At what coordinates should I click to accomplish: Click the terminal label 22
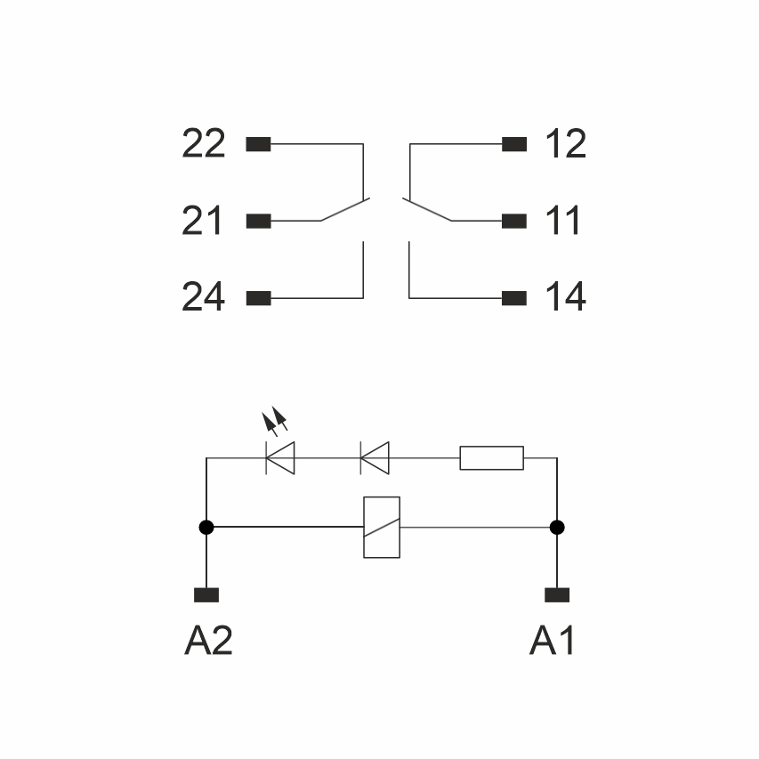coord(204,144)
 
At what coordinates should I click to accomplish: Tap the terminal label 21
coord(203,221)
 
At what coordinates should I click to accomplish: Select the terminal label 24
coord(204,298)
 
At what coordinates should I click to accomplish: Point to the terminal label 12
coord(565,144)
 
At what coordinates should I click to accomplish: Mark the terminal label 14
coord(565,298)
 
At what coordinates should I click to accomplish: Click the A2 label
coord(208,640)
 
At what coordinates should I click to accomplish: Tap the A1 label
coord(552,640)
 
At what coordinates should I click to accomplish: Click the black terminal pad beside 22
coord(258,144)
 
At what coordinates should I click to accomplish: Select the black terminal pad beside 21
coord(258,221)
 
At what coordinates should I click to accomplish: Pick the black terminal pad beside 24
coord(258,298)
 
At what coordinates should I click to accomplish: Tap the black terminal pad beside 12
coord(514,144)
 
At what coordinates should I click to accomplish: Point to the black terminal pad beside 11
coord(514,221)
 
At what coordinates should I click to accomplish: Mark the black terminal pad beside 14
coord(514,298)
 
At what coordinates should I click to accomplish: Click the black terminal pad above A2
coord(206,595)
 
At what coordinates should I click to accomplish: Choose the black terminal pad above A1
coord(557,595)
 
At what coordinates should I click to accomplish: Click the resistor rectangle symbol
coord(491,458)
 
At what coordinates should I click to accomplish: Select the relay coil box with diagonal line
coord(382,528)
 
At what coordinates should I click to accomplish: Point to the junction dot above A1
coord(557,528)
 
